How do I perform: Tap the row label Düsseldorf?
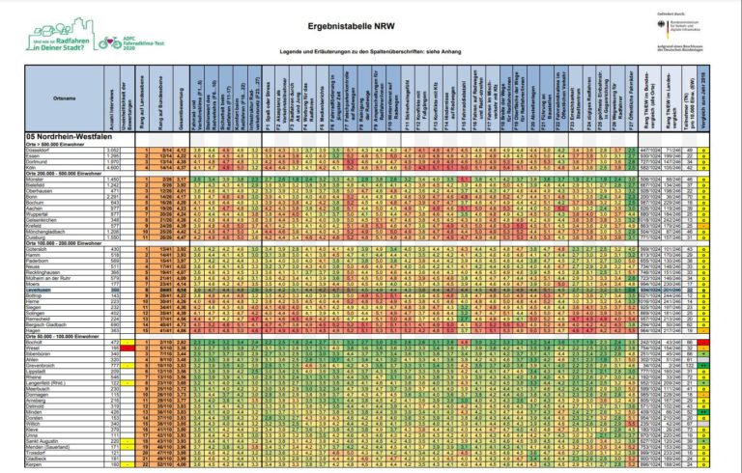tap(39, 151)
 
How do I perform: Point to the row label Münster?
tap(38, 181)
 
